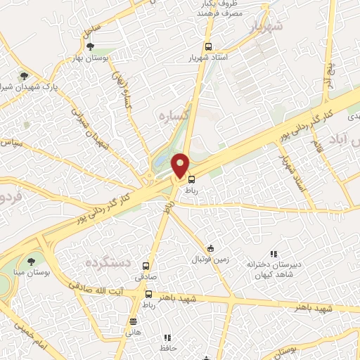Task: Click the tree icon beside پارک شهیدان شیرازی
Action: pyautogui.click(x=25, y=75)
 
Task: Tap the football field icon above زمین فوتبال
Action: pyautogui.click(x=210, y=248)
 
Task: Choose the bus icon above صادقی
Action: pyautogui.click(x=146, y=266)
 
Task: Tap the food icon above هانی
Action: pyautogui.click(x=133, y=321)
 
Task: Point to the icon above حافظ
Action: pyautogui.click(x=167, y=337)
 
